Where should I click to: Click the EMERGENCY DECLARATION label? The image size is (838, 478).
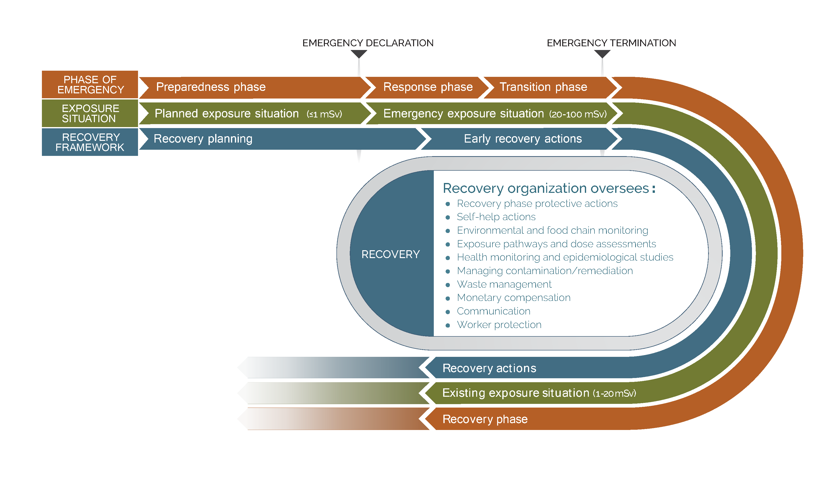(367, 43)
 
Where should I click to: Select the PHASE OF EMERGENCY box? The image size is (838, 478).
(90, 85)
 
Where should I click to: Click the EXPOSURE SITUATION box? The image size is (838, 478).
(90, 113)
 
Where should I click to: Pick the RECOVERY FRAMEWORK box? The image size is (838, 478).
(90, 142)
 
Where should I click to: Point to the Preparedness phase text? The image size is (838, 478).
(210, 87)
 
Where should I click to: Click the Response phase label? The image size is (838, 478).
(428, 87)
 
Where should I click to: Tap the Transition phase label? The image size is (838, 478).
(543, 87)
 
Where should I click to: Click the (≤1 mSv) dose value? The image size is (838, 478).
(324, 114)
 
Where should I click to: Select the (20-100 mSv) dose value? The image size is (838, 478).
(578, 114)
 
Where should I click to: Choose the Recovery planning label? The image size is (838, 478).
(203, 139)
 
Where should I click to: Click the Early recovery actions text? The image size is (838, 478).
(523, 139)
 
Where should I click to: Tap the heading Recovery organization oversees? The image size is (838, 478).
(549, 188)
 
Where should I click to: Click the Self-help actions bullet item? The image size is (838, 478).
(496, 217)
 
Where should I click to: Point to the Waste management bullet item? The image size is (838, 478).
(504, 284)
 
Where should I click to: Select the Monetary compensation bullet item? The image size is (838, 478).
(513, 298)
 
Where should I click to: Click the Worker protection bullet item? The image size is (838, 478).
(499, 325)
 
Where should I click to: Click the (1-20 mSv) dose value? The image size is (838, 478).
(614, 393)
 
